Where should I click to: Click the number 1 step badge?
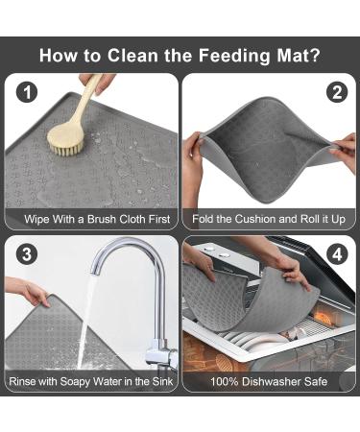pos(27,94)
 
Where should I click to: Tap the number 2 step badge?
pos(336,93)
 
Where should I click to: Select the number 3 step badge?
pos(27,256)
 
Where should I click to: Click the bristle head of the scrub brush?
pos(67,132)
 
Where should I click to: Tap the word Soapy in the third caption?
pos(80,382)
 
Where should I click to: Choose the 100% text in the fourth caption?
pos(228,382)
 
